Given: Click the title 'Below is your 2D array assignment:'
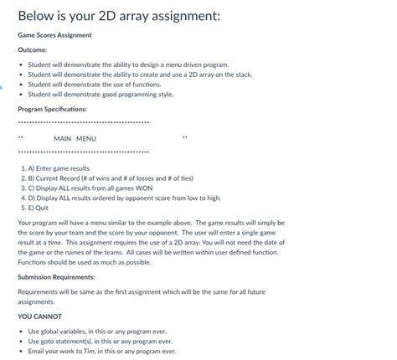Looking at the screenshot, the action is (x=118, y=16).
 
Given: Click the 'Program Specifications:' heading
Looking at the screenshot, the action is (x=52, y=109).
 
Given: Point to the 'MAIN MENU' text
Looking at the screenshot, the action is (x=75, y=138).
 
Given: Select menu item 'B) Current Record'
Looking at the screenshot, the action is (x=106, y=178).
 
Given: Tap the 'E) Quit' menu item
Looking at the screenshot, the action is (x=38, y=208).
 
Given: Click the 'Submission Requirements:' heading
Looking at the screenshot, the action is (x=56, y=276).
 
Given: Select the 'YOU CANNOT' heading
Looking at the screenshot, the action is (x=39, y=316).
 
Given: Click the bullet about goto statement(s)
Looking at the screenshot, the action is (x=100, y=342).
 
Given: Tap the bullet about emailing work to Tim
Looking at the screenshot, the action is (x=102, y=352).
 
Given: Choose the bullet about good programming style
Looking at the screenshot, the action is (x=101, y=95).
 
